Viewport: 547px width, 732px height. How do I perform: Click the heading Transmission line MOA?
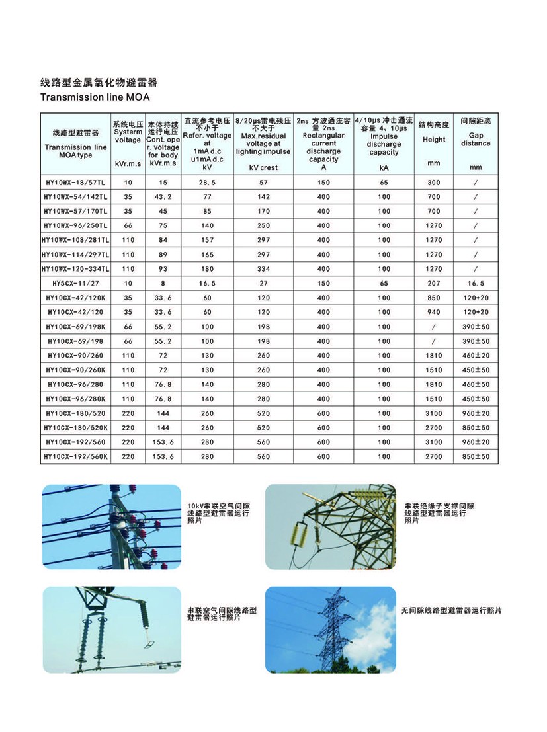(95, 97)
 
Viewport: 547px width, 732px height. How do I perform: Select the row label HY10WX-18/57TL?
(75, 183)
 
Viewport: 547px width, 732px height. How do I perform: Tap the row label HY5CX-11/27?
(75, 284)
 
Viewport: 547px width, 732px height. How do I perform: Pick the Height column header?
(434, 140)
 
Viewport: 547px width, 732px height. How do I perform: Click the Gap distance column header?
(476, 140)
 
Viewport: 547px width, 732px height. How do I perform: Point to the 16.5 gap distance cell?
(476, 284)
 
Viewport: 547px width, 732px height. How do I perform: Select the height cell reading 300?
(434, 183)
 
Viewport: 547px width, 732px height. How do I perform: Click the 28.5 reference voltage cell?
(207, 183)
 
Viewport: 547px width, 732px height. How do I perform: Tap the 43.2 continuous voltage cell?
(163, 197)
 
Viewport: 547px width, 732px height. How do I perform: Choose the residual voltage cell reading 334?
(263, 269)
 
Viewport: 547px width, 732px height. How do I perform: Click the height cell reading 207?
(434, 284)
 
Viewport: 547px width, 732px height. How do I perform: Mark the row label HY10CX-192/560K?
(75, 456)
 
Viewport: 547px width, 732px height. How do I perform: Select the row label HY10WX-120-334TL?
(75, 269)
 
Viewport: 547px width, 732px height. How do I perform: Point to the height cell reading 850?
(434, 298)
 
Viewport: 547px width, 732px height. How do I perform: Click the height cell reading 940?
(434, 312)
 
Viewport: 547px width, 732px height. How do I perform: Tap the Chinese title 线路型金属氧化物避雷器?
(99, 83)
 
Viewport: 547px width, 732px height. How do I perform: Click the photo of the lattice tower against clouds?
(330, 630)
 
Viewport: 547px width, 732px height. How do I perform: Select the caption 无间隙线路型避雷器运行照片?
(452, 610)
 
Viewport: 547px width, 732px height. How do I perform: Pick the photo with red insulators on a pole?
(111, 527)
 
